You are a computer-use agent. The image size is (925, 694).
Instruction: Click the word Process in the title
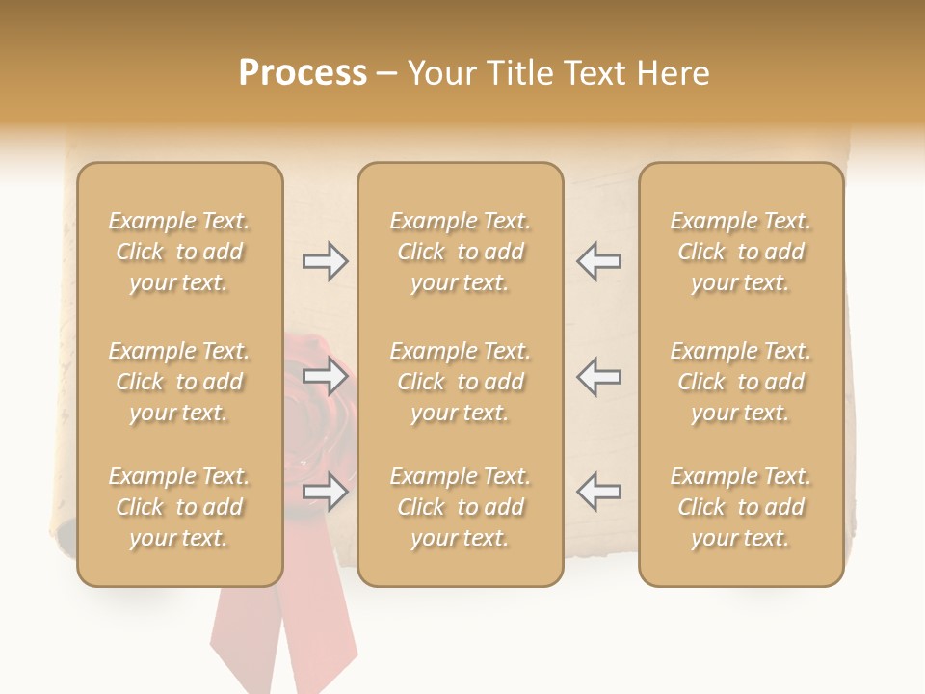(x=303, y=73)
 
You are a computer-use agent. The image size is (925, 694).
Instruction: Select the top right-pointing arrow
(x=325, y=261)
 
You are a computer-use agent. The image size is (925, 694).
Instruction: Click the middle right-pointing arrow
(x=325, y=376)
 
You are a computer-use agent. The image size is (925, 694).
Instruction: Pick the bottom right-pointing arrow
(x=325, y=492)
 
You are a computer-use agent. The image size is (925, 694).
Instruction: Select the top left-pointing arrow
(x=598, y=261)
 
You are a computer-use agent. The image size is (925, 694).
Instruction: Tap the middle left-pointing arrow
(x=598, y=376)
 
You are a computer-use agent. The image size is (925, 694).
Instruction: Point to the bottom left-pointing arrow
(x=598, y=492)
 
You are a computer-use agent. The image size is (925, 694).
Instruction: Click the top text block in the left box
(x=179, y=252)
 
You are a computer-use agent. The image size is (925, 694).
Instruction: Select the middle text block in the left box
(x=179, y=382)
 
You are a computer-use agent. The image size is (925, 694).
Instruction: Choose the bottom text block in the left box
(x=179, y=507)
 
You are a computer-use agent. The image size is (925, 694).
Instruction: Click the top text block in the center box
(x=460, y=252)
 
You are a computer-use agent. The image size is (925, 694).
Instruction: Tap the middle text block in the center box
(x=460, y=382)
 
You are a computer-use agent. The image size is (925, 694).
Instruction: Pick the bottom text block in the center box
(x=460, y=507)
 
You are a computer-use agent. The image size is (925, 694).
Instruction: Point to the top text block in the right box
(x=741, y=252)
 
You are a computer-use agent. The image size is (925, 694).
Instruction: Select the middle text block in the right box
(x=741, y=382)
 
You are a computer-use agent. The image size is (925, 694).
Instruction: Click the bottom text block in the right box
(x=741, y=507)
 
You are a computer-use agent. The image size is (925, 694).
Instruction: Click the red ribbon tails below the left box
(x=289, y=636)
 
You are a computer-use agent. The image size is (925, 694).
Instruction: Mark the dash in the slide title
(x=386, y=74)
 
